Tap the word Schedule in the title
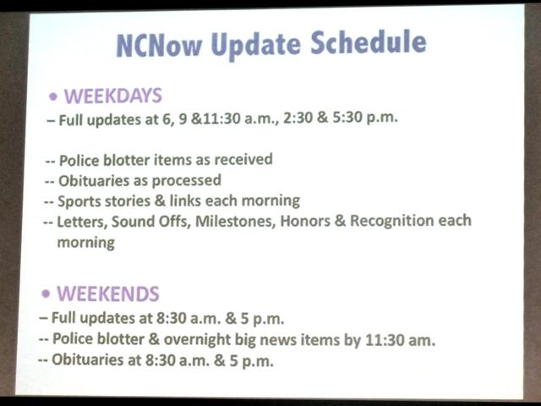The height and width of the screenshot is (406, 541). tap(369, 42)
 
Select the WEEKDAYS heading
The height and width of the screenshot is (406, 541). tap(113, 96)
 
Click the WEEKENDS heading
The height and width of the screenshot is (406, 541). tap(108, 294)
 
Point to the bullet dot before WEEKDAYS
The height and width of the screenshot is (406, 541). tap(53, 96)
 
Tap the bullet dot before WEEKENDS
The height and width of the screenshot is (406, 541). tap(46, 294)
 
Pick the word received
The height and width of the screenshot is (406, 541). tap(243, 159)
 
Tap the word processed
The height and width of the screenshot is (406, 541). tap(187, 180)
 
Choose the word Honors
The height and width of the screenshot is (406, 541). tap(305, 222)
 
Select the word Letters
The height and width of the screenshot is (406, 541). tap(82, 222)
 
